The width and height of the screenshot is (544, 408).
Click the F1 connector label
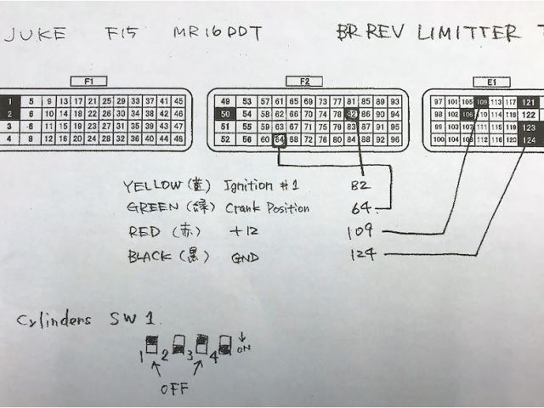pos(88,82)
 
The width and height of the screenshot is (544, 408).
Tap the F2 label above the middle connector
pos(305,82)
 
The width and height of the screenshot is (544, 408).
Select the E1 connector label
pos(490,82)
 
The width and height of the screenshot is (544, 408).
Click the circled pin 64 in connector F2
pos(279,139)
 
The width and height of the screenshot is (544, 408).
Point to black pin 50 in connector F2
pos(224,113)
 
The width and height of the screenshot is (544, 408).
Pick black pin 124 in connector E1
pos(529,139)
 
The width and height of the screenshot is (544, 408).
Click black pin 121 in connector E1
pos(529,101)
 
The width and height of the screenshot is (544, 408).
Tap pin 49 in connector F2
pos(224,100)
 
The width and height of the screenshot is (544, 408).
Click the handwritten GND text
pos(244,255)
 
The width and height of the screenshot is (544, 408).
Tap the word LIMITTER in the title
pos(467,33)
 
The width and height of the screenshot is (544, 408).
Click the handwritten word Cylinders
pos(54,320)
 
